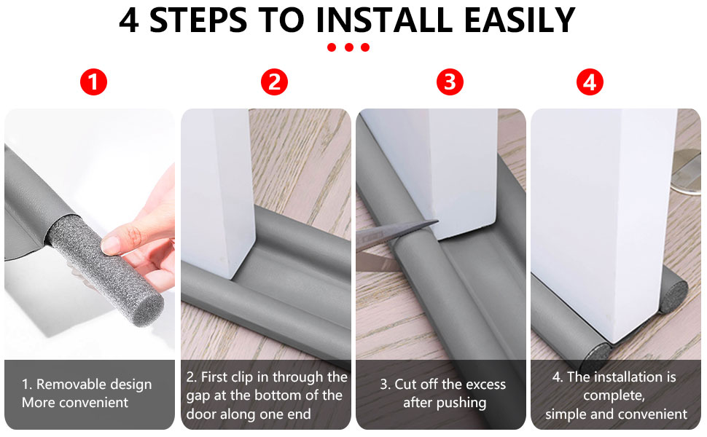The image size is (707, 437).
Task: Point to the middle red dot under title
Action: click(x=348, y=47)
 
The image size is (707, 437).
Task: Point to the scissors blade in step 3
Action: click(x=397, y=231)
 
